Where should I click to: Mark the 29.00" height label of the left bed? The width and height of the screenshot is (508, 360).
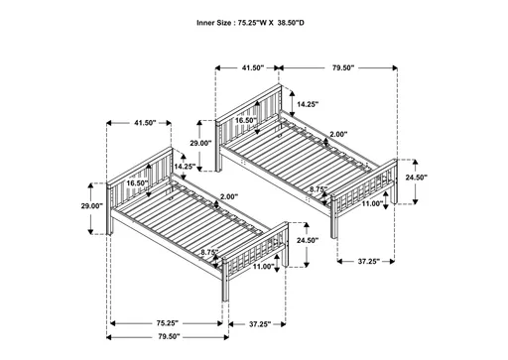tap(91, 206)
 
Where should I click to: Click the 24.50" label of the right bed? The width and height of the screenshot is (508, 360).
tap(417, 178)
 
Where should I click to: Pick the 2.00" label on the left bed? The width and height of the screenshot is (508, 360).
tap(228, 195)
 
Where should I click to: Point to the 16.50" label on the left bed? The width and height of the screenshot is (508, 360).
tap(137, 182)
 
